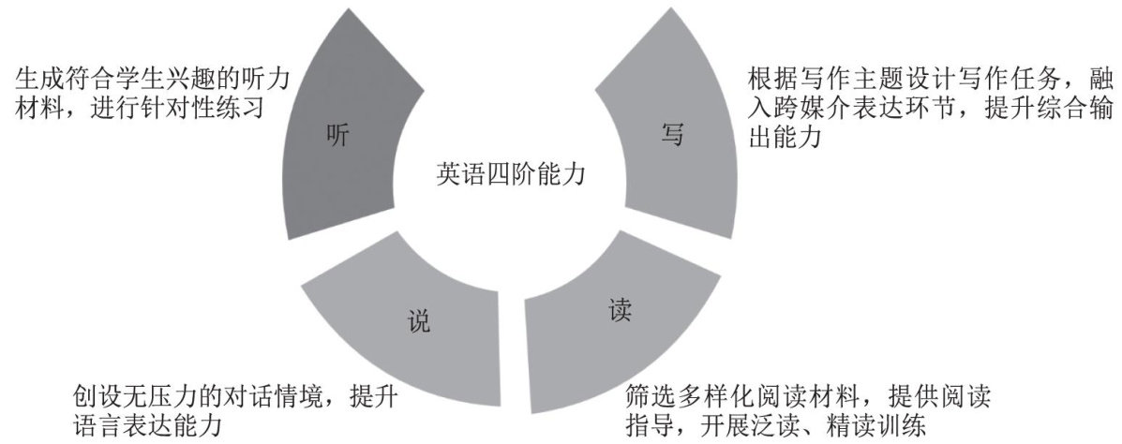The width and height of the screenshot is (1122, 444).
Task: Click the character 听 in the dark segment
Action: click(337, 136)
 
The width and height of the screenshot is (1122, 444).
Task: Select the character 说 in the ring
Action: click(419, 322)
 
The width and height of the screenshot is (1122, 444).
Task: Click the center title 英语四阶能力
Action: click(503, 173)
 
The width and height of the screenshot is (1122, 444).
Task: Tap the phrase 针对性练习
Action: click(205, 107)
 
